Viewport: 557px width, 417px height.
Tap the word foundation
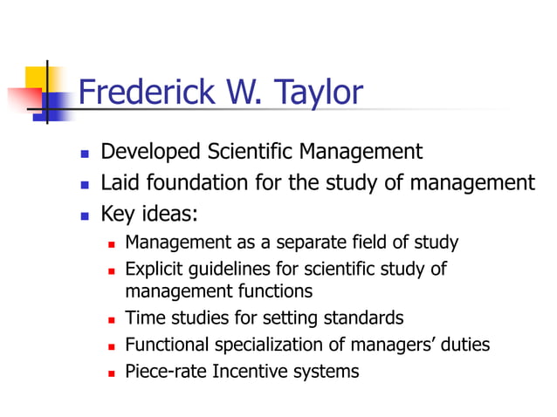click(203, 183)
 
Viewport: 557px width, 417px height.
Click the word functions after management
click(278, 291)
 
